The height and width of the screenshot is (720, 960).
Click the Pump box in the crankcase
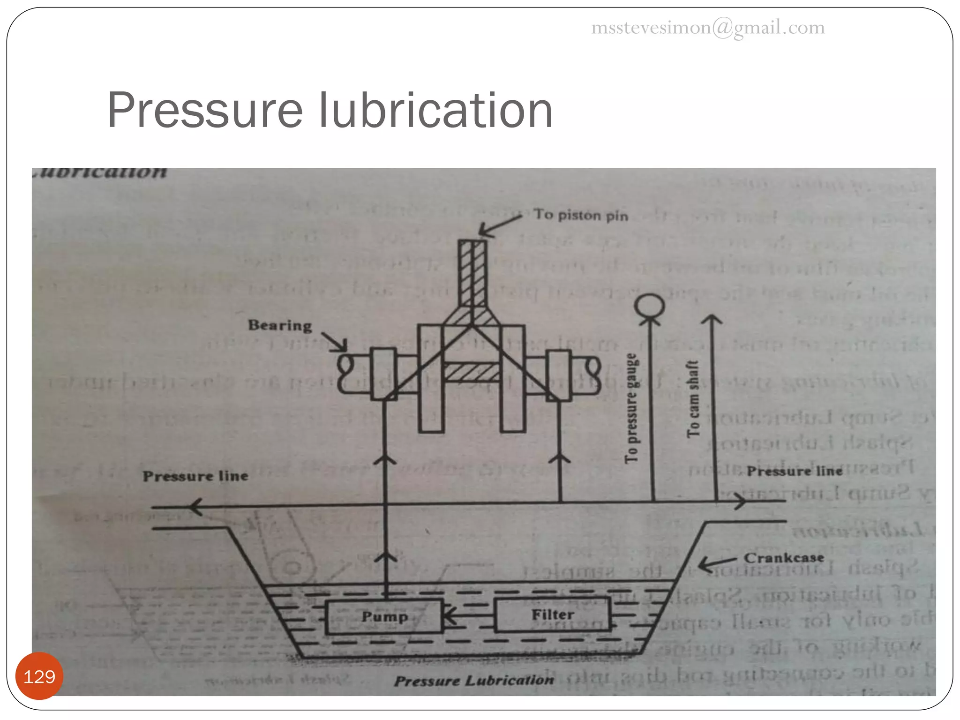(x=384, y=616)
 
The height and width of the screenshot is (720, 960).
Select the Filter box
(x=552, y=615)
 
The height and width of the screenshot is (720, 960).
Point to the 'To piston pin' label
(x=581, y=215)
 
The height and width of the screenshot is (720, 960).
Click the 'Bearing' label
(x=280, y=325)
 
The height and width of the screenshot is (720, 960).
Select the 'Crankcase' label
(x=784, y=558)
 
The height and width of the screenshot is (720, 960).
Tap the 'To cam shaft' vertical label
(x=693, y=399)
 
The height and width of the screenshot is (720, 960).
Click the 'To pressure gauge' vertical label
(x=631, y=408)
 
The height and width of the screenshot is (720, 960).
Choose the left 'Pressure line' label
(x=195, y=476)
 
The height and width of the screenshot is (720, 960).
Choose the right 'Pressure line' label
(x=795, y=471)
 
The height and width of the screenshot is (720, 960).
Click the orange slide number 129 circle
(x=39, y=676)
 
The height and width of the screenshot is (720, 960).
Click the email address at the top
(x=707, y=28)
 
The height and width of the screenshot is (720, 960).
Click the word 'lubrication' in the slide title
(x=435, y=111)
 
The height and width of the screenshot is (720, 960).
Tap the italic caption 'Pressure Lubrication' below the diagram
(x=473, y=680)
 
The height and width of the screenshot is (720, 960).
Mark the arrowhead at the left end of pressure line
(x=195, y=507)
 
